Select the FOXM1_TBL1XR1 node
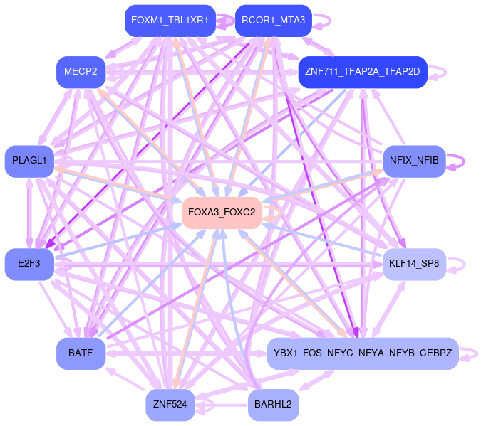tap(170, 21)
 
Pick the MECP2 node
tap(81, 72)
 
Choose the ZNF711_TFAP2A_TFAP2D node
tap(362, 72)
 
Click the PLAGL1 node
tap(29, 161)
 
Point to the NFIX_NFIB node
tap(414, 161)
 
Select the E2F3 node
tap(29, 264)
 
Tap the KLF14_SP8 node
tap(414, 264)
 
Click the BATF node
tap(81, 353)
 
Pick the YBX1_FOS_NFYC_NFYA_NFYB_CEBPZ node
tap(362, 353)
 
